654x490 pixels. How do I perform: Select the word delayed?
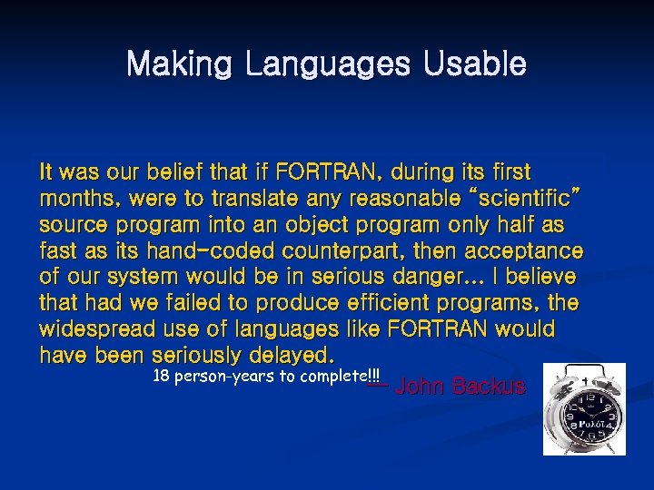click(x=287, y=353)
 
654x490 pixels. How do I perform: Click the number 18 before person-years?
click(x=162, y=376)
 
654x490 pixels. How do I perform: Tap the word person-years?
click(x=226, y=376)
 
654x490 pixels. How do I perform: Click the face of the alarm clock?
click(x=589, y=418)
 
